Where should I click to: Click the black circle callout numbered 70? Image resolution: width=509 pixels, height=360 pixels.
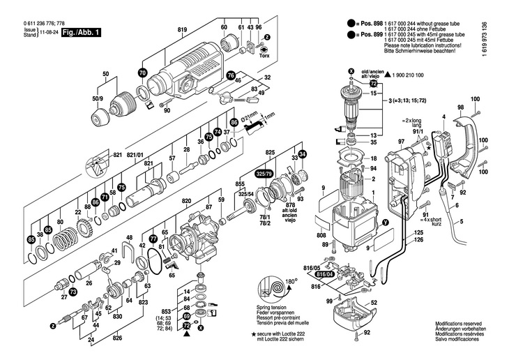tap(143, 73)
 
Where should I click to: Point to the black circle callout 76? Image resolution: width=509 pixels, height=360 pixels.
tap(230, 75)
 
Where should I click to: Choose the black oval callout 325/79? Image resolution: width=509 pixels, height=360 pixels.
tap(264, 172)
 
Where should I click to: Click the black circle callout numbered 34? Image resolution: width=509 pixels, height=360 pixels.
tap(302, 153)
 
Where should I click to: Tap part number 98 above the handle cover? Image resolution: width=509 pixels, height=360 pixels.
tap(460, 107)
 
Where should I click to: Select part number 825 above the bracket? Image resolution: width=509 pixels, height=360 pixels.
tap(271, 151)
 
